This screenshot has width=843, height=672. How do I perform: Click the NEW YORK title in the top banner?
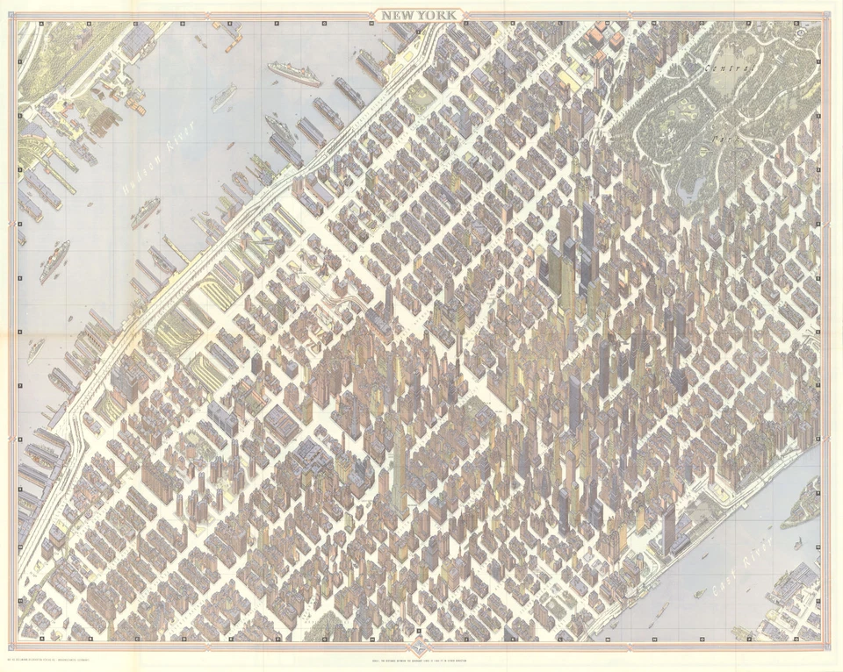[420, 14]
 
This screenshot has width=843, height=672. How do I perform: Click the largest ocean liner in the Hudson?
[294, 73]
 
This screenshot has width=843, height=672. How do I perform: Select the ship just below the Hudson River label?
[145, 211]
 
